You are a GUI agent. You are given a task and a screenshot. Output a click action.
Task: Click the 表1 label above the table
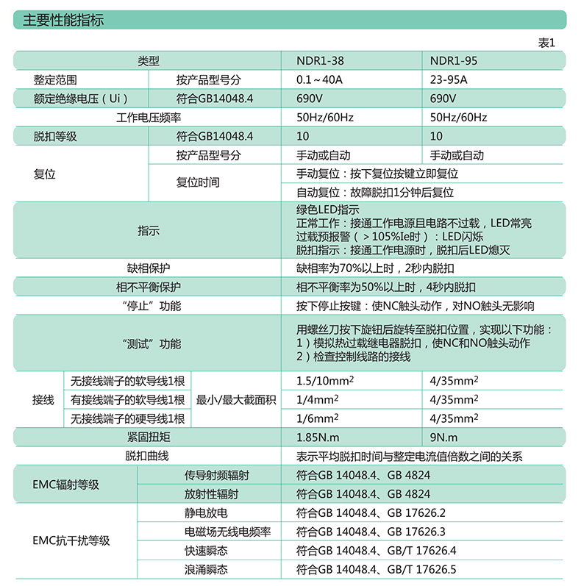pos(546,43)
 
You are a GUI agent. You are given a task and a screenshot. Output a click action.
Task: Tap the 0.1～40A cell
pos(321,80)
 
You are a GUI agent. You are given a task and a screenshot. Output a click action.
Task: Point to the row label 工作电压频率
pos(149,118)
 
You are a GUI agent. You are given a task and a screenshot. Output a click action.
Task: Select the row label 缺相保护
pos(149,268)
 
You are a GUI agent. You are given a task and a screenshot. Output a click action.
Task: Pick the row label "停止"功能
pos(149,306)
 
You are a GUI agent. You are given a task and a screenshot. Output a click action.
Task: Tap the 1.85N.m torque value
pos(318,437)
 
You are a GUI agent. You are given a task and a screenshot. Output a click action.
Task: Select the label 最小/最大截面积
pos(235,400)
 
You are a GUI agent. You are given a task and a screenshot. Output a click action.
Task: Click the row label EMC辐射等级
pos(66,485)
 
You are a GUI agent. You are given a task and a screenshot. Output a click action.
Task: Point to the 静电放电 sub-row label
pos(206,512)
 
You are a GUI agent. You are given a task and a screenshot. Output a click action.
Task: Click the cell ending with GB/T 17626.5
pos(376,570)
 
